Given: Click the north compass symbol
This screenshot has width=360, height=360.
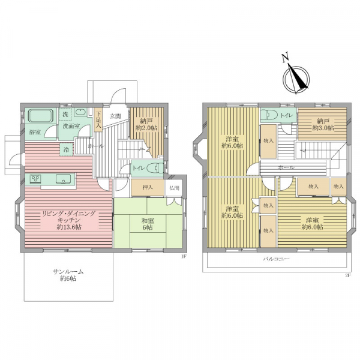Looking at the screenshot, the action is coord(296,79).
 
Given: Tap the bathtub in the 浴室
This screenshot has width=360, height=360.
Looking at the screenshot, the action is coord(41,116).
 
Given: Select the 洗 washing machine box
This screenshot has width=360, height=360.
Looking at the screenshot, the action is coord(65,114).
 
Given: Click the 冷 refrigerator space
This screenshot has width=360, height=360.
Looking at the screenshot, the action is coord(67,149).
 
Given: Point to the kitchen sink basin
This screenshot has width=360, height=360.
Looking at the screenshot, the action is coord(63,179).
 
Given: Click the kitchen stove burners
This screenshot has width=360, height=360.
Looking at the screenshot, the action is coord(36,179).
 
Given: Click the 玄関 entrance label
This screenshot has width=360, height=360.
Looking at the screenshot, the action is coord(115,116).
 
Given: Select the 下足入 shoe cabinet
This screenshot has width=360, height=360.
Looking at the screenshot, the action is coord(98,119).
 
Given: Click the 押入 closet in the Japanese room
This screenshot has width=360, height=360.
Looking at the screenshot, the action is coord(148,188).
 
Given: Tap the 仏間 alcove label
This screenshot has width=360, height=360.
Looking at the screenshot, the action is coord(174,188).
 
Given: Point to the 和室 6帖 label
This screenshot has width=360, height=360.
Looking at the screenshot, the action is coord(148,224).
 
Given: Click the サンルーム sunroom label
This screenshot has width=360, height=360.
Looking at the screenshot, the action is coord(68,275).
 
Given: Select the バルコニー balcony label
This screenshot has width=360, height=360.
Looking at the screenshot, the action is coord(276,259).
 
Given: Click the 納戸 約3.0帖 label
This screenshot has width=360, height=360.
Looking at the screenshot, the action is coord(323,124).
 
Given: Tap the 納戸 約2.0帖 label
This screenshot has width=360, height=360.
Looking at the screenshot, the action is coord(146,124).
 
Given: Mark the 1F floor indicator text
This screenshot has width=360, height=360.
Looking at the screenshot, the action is coord(183,257).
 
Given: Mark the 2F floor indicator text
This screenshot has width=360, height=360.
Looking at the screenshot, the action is coord(348,275).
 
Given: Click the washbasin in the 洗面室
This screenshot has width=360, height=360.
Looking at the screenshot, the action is coord(80,112).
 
